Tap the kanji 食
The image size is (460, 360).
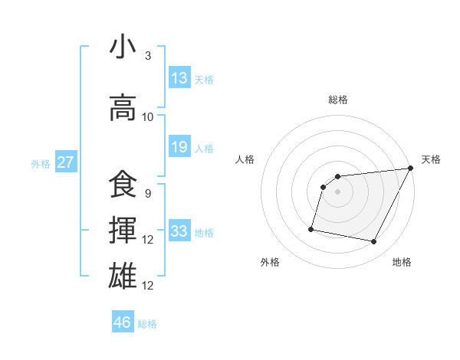pos(123,185)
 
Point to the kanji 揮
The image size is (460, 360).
pos(123,231)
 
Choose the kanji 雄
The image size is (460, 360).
pos(123,276)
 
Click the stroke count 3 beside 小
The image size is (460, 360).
pos(147,57)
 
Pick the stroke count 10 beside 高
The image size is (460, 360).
pos(148,117)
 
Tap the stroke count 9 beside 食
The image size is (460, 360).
pos(147,194)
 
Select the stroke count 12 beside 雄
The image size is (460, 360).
pos(148,285)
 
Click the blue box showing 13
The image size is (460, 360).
pos(179,78)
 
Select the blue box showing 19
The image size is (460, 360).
pos(179,147)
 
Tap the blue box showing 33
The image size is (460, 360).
pos(179,231)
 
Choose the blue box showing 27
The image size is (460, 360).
pos(66,162)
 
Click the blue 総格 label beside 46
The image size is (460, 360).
pos(148,324)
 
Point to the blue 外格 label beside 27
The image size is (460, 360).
pos(41,164)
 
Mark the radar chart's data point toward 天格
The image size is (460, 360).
pos(411,169)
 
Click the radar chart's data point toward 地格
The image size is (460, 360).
pos(374,242)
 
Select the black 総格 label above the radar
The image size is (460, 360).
pos(337,100)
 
